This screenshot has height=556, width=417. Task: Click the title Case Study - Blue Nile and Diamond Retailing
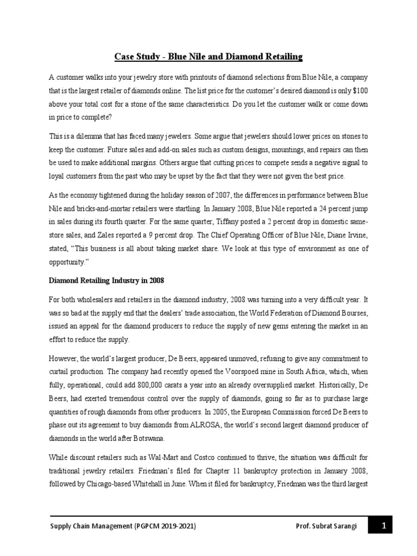(208, 56)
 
